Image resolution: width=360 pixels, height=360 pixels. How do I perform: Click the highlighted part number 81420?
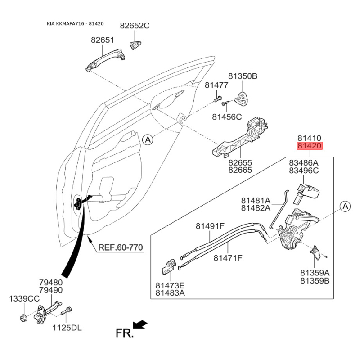[309, 146]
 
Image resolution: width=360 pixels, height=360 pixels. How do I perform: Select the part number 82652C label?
[135, 26]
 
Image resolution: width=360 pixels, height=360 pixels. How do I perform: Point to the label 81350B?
[243, 76]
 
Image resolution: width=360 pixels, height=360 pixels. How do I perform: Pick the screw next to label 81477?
[218, 97]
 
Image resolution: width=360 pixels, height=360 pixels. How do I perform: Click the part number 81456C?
[227, 117]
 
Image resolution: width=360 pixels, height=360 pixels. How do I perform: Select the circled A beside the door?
[148, 140]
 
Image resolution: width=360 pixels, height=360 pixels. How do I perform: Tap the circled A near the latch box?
[345, 207]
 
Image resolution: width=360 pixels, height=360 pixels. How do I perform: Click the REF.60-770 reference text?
[121, 247]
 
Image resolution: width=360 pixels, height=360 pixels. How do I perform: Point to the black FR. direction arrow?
[140, 324]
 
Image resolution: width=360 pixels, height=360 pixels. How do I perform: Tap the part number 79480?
[50, 282]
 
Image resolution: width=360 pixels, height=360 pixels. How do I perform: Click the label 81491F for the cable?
[210, 226]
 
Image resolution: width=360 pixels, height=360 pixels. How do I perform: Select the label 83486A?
[304, 162]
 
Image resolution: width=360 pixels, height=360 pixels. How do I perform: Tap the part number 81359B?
[315, 281]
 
